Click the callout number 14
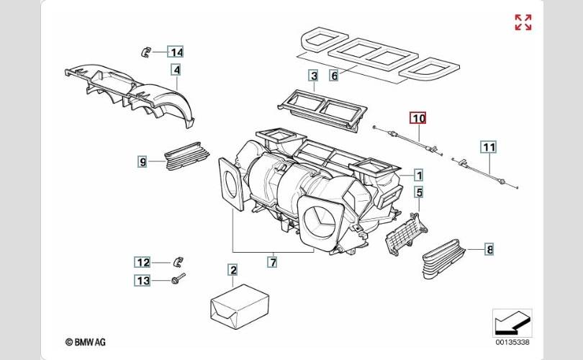176,52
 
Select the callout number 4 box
176,70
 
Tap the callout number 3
314,76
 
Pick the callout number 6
334,76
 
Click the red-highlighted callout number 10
418,118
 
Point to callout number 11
489,148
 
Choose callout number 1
419,175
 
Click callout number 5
419,193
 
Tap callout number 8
489,249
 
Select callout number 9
143,162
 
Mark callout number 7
273,262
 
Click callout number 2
233,270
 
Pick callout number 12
143,263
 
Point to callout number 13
143,280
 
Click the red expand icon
523,22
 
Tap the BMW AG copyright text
86,342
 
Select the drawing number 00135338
512,342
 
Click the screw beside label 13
178,278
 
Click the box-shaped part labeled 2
239,306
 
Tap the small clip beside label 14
145,52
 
